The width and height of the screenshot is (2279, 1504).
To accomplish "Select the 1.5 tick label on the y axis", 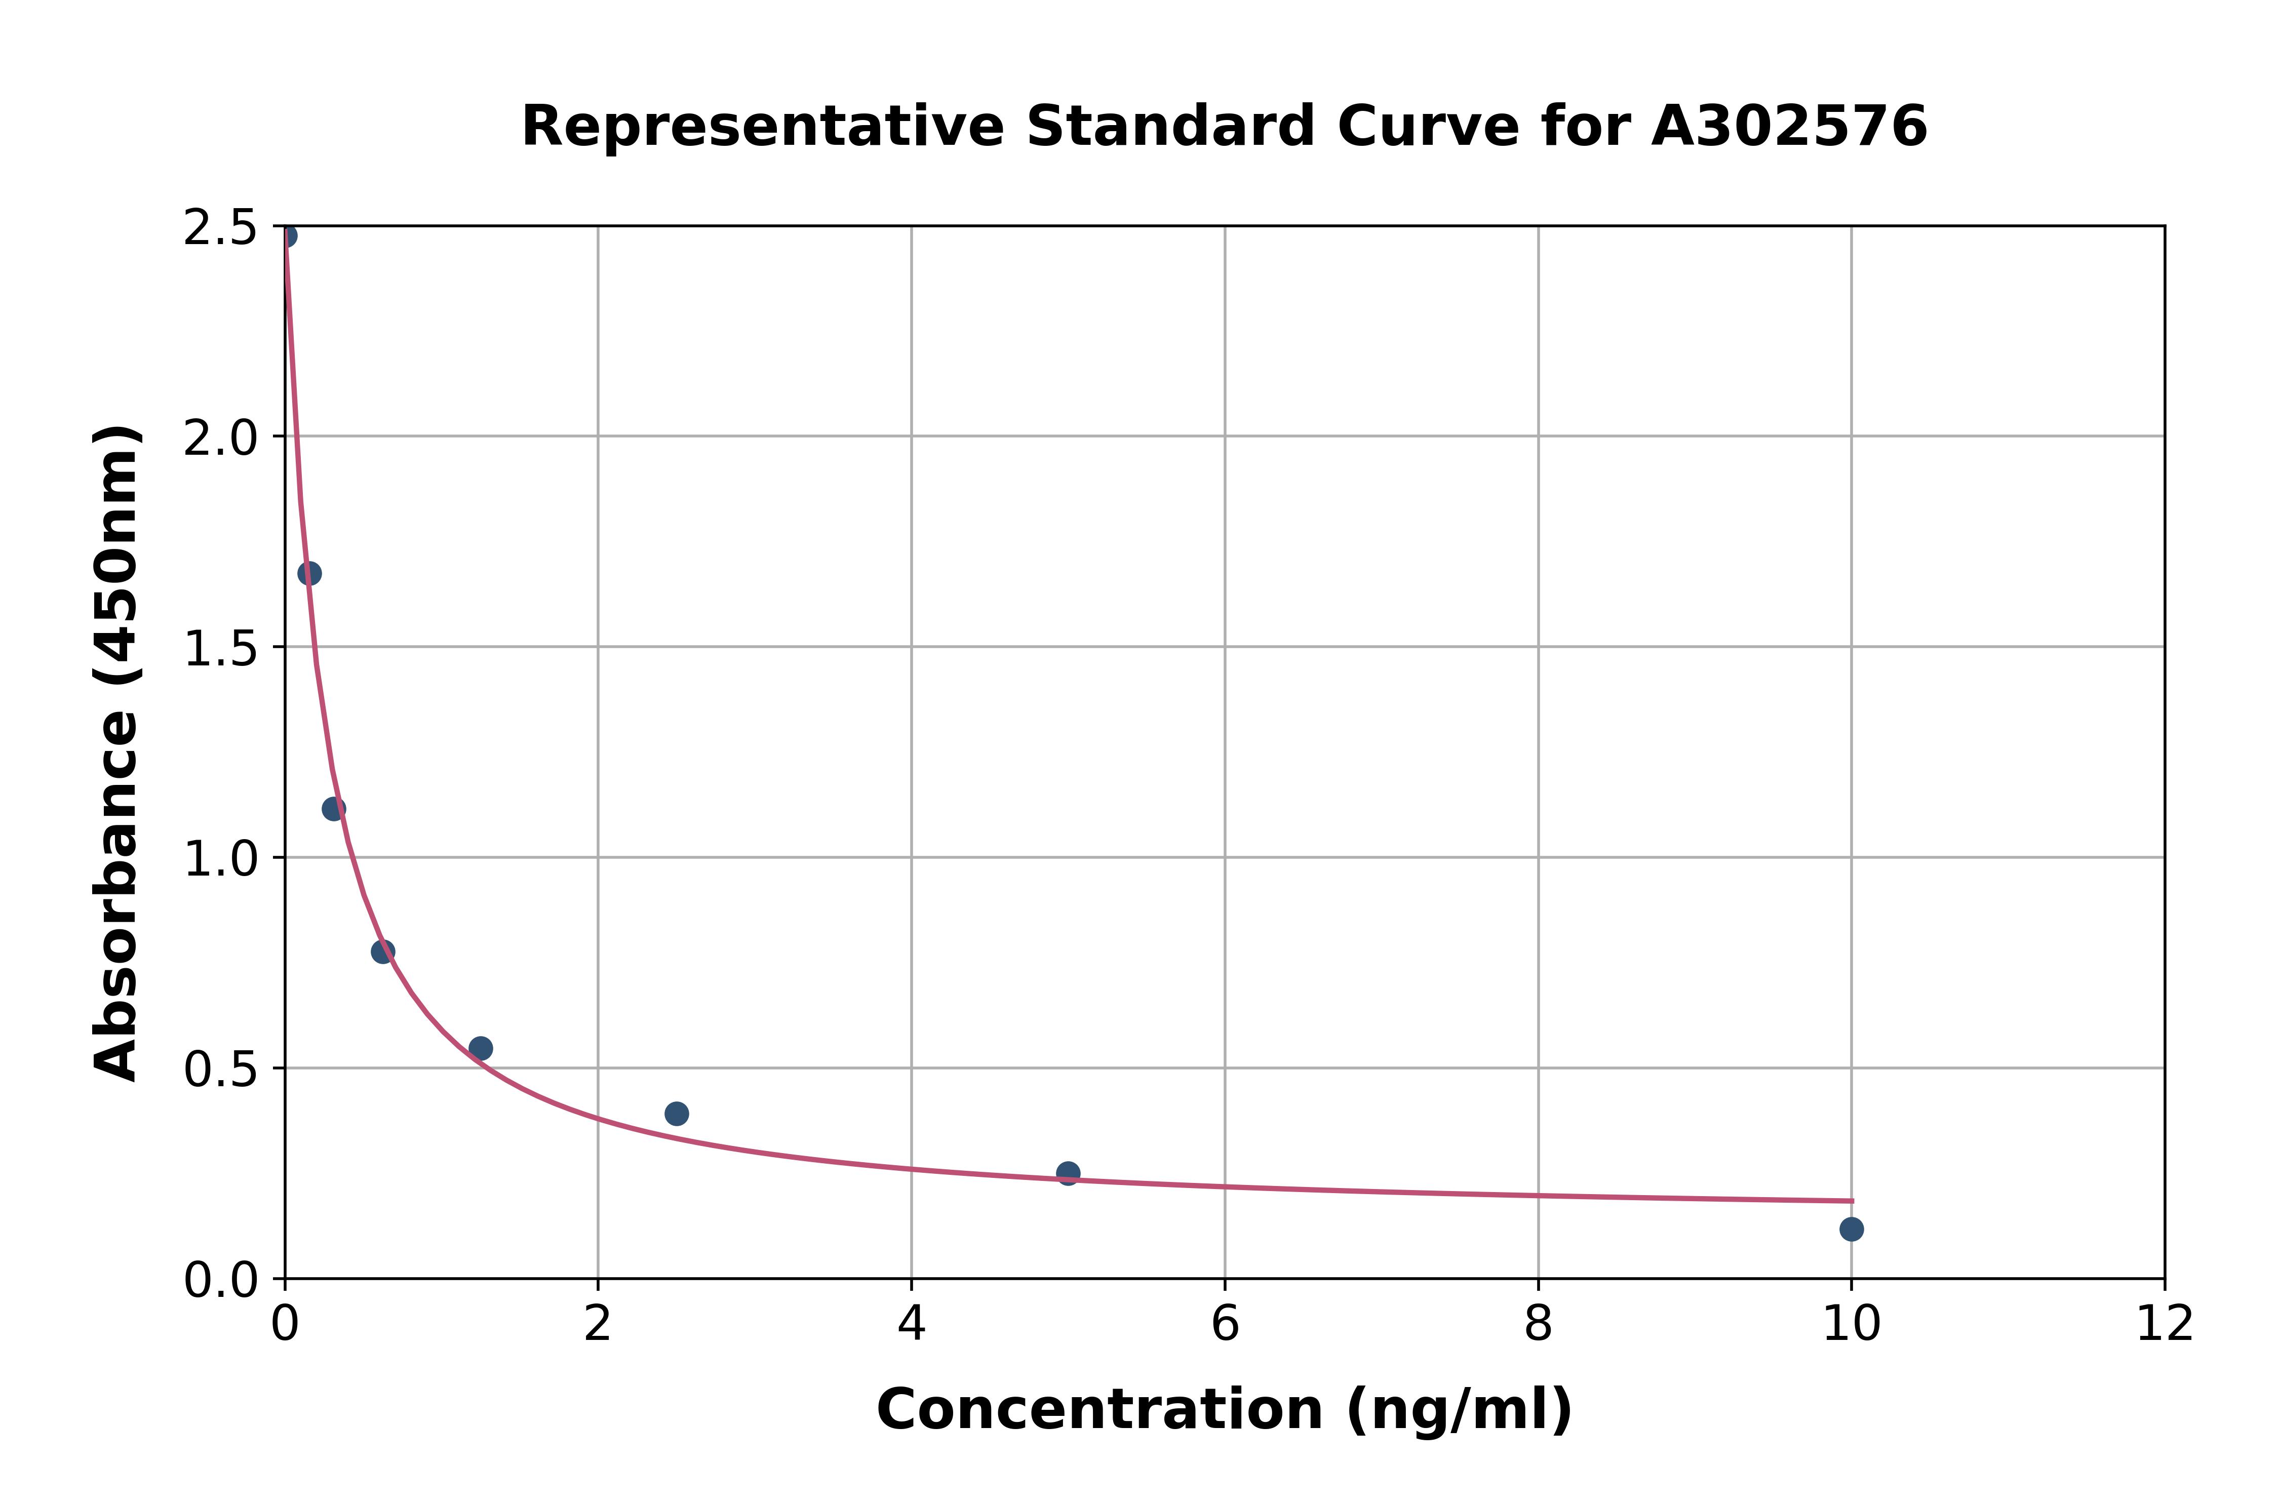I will (x=221, y=649).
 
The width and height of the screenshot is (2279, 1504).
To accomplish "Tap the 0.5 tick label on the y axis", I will (x=221, y=1071).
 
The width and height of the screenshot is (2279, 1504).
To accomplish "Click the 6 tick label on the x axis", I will (x=1225, y=1325).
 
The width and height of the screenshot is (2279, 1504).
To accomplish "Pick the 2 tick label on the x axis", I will (x=598, y=1325).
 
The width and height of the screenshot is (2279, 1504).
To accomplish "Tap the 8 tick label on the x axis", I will (x=1538, y=1325).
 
